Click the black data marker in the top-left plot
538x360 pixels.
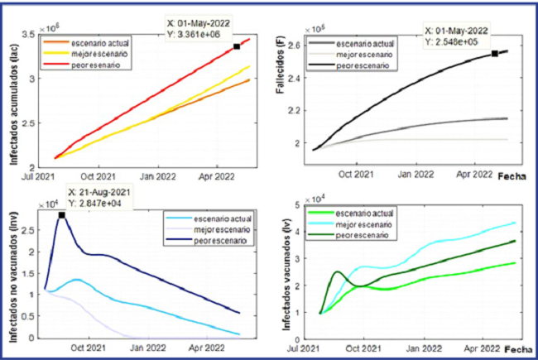[237, 46]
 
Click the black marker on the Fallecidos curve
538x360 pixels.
[494, 54]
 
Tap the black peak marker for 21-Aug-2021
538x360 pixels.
[62, 215]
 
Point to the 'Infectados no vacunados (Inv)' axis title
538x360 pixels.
[15, 273]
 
